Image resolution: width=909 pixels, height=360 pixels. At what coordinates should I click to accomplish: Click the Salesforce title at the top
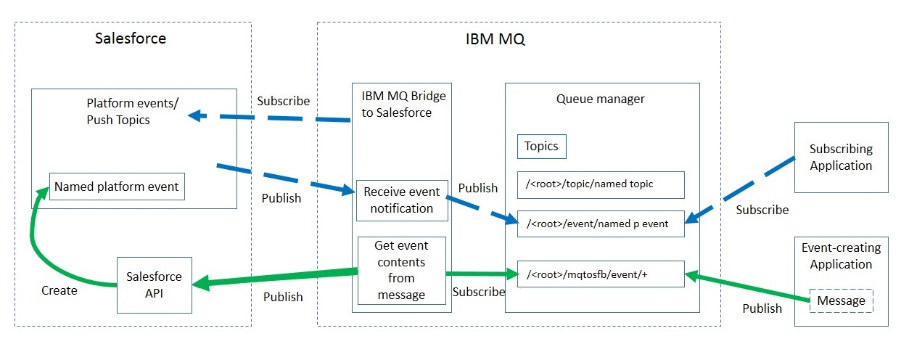131,38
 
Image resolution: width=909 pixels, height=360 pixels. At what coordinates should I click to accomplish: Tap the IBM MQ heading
495,39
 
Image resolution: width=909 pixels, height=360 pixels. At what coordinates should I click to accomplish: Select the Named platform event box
117,187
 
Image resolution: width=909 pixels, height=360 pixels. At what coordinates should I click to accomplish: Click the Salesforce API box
155,285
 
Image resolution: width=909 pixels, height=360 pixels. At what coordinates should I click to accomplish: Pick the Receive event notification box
402,200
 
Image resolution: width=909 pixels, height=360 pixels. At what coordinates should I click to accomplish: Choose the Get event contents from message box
401,270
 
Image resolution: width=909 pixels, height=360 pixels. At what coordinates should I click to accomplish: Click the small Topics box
541,146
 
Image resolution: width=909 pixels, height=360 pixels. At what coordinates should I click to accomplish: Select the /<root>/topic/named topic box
601,185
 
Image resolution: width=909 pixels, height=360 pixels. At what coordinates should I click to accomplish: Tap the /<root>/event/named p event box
601,224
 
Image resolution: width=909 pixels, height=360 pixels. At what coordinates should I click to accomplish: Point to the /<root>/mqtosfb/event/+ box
601,274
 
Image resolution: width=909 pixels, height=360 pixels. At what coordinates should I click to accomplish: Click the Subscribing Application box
842,157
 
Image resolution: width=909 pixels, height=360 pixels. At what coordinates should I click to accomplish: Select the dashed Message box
842,300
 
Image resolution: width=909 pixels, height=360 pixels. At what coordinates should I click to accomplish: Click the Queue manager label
600,99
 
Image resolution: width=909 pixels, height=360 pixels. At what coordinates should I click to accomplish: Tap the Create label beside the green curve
59,290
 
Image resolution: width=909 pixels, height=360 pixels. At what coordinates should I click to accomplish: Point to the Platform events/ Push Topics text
132,112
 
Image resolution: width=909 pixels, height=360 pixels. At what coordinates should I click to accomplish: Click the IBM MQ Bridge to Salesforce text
403,105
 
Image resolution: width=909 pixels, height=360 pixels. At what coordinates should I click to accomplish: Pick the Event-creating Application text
842,255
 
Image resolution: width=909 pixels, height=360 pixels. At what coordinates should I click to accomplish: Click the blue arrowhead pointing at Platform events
197,115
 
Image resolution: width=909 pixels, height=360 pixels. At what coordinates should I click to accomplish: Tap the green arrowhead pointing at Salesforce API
201,283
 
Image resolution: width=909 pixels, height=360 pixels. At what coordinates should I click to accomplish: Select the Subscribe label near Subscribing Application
762,210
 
